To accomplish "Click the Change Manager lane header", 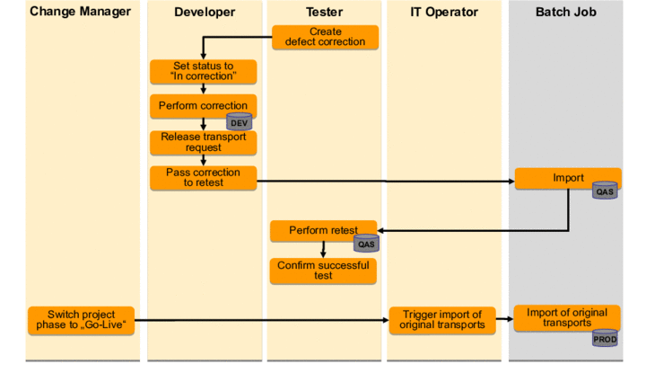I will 80,12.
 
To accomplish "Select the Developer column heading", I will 205,12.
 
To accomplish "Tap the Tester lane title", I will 325,12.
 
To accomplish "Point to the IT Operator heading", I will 444,12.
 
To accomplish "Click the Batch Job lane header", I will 565,12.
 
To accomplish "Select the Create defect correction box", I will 325,37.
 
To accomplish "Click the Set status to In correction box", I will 204,71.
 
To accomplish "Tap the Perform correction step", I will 199,105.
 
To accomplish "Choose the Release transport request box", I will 204,142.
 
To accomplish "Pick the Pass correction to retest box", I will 204,177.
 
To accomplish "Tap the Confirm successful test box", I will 324,271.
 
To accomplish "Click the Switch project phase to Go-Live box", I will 82,320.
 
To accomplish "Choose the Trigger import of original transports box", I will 441,320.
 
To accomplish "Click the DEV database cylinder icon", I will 239,122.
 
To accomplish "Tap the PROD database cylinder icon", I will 605,338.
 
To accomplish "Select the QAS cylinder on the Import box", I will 605,191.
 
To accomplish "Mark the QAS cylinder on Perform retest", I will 366,243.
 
